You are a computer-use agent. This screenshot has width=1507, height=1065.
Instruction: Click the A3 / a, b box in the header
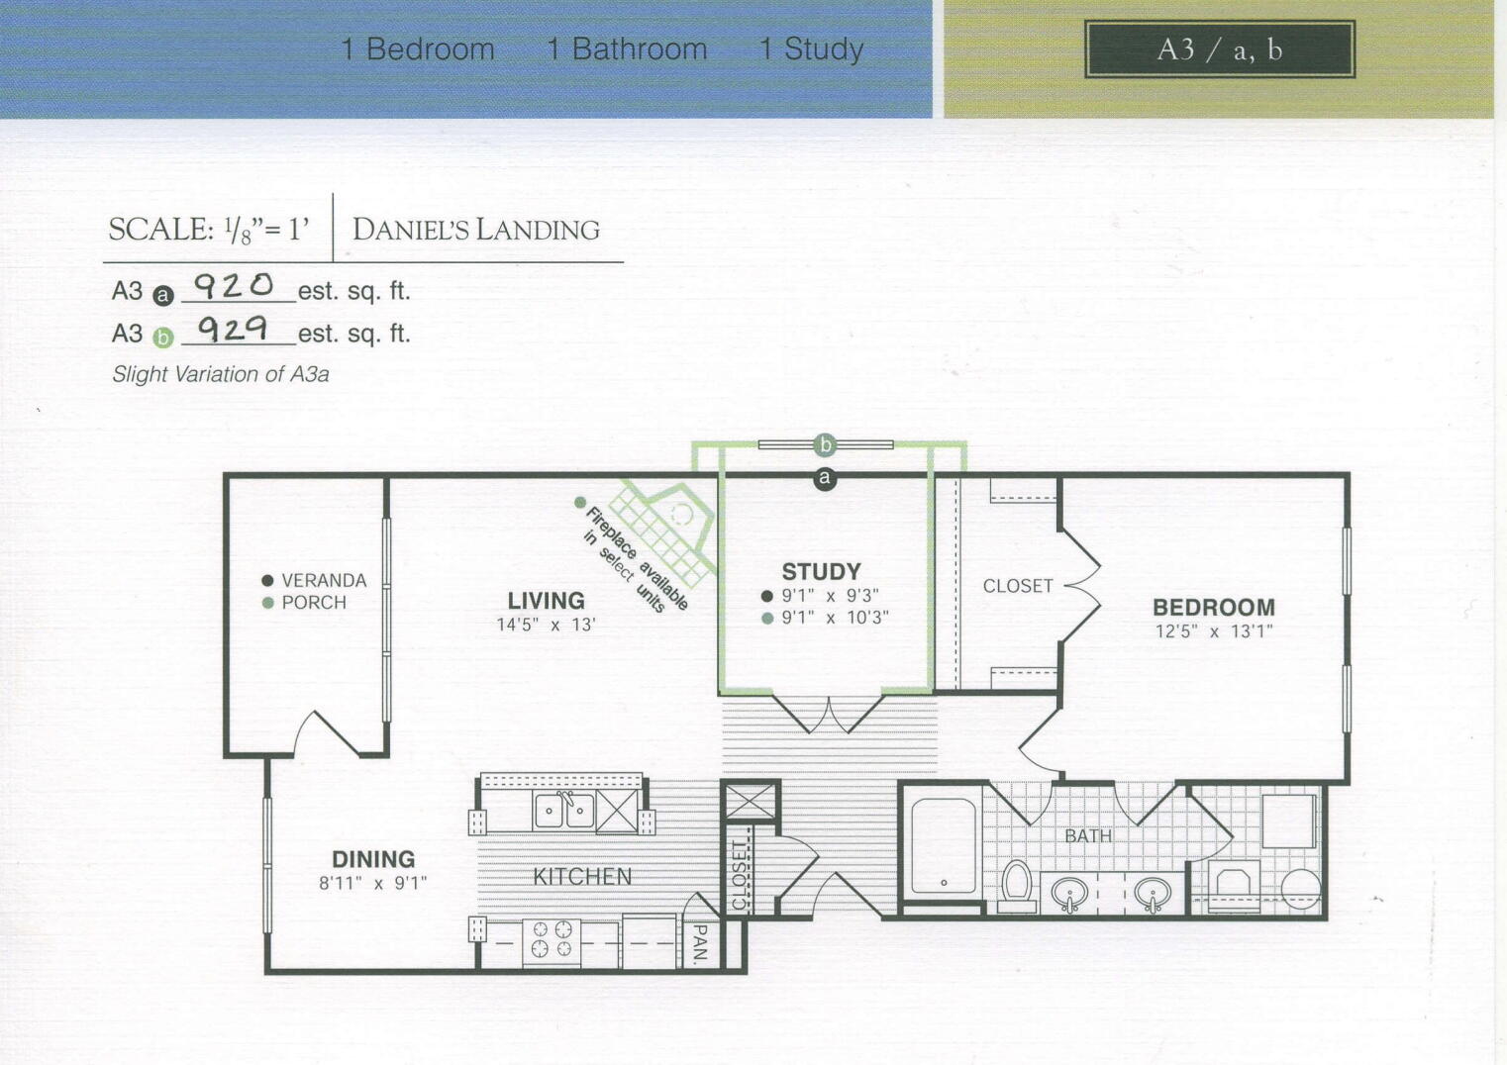[1219, 49]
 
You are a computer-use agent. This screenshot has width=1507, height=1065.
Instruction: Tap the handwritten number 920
[234, 286]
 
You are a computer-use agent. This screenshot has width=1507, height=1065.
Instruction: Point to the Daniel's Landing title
[476, 230]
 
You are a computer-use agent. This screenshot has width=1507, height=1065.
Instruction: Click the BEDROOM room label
[1213, 607]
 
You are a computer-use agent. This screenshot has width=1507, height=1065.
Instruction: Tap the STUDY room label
[821, 571]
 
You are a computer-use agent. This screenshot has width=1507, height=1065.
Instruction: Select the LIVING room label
[546, 600]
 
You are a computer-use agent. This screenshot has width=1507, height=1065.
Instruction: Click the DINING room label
[372, 859]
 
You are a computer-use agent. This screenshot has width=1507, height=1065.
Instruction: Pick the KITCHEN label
[582, 876]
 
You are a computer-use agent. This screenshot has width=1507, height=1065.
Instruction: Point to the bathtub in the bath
[944, 846]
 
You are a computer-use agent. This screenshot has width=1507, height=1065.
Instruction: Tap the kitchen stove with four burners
[552, 939]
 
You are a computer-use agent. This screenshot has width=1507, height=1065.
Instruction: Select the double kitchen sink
[563, 811]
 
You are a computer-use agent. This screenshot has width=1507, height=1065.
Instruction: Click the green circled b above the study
[825, 444]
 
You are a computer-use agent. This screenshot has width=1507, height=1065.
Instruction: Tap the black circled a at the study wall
[825, 479]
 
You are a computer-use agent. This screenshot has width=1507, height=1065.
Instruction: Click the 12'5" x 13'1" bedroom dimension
[1213, 631]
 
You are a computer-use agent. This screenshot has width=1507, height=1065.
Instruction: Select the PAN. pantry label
[700, 943]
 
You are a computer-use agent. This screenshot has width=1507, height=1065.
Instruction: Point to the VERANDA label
[323, 580]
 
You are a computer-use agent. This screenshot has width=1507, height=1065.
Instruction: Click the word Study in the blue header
[823, 49]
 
